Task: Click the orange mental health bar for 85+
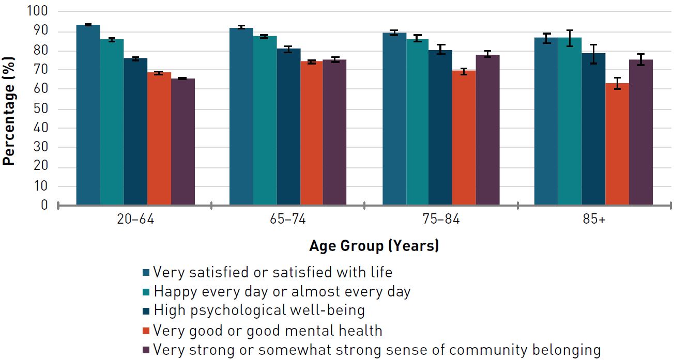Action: [x=617, y=144]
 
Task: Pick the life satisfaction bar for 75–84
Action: [x=394, y=119]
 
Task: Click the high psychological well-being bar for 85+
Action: [x=593, y=129]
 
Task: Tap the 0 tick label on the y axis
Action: [x=44, y=206]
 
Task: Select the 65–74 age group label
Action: [x=288, y=220]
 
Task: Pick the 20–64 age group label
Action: [x=135, y=220]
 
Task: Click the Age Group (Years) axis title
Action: [x=374, y=246]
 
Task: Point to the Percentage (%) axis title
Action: [x=9, y=109]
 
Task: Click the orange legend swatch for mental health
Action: [x=146, y=331]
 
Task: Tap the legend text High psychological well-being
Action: [x=259, y=310]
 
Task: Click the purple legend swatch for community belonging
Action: [x=146, y=350]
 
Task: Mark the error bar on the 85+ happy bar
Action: [x=570, y=38]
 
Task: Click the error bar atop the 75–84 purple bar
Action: [x=487, y=54]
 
